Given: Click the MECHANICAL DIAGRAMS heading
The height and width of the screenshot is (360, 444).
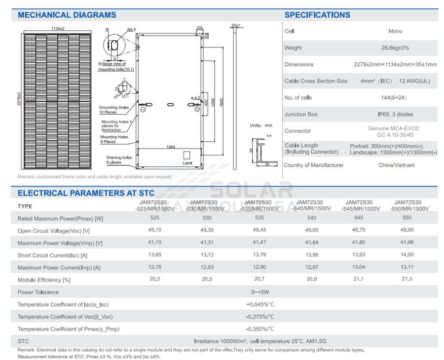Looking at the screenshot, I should tap(67, 15).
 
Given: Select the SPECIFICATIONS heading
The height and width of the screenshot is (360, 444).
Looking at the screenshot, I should tap(317, 15).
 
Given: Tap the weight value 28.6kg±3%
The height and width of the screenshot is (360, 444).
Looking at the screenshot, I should tap(395, 48).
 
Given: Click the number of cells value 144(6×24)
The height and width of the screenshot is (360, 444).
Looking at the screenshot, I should tap(395, 98).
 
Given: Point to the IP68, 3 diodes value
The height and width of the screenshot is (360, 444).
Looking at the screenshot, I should tap(395, 115).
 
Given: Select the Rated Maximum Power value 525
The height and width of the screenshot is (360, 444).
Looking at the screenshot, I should tap(155, 218).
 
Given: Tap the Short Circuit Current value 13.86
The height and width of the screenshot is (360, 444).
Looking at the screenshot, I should tap(311, 255).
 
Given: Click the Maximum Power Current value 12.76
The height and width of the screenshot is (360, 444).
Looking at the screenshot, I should tap(155, 268).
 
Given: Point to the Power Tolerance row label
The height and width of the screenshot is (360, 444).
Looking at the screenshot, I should tap(38, 292).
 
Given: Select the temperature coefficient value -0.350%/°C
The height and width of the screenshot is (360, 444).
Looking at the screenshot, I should tap(260, 329).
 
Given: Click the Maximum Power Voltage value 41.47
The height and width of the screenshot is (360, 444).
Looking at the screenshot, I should tap(259, 243).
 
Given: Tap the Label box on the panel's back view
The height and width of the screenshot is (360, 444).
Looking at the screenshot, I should tap(187, 157).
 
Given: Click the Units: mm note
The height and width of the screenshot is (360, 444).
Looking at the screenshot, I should tap(261, 125).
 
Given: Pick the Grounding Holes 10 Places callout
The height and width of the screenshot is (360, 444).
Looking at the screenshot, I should tap(113, 110).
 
